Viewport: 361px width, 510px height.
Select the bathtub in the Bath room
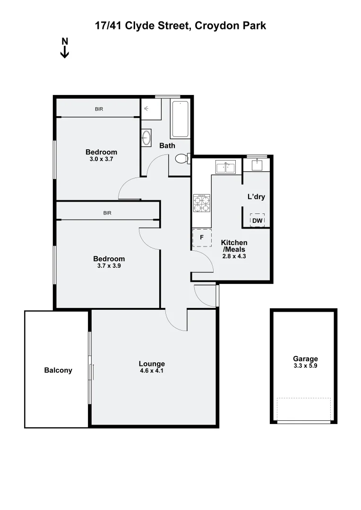180,119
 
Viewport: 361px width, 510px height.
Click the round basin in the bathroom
146,138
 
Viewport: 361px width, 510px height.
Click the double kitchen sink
225,167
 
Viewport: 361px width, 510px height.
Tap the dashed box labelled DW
257,221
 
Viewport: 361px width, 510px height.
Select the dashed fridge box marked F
202,238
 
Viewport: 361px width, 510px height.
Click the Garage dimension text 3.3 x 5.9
305,365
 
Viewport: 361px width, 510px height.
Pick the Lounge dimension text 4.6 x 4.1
152,371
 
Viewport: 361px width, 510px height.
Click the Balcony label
58,370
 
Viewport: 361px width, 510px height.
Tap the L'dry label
256,196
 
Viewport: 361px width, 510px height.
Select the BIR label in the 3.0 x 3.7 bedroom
99,109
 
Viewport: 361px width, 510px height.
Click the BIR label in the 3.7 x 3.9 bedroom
107,213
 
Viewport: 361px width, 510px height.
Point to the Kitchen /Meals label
234,246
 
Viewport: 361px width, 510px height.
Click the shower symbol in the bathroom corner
147,109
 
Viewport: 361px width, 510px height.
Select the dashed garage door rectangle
303,409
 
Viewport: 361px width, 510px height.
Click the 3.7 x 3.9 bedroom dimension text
109,266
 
